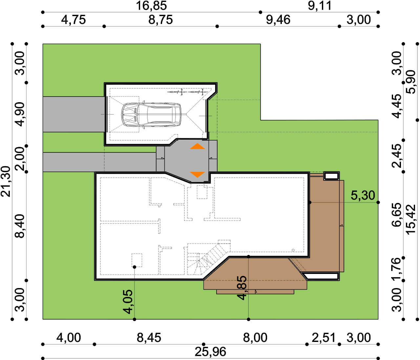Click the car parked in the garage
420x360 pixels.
[151, 115]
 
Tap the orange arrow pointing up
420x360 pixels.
[197, 146]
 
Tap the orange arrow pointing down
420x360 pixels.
[197, 174]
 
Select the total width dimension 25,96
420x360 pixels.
[210, 352]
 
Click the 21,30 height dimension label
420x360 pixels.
[6, 181]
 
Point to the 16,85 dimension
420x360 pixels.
[151, 6]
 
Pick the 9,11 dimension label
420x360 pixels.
[320, 6]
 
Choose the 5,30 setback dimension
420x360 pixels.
[363, 195]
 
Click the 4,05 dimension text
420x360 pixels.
[128, 302]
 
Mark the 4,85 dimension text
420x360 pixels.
[242, 288]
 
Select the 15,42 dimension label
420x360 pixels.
[410, 220]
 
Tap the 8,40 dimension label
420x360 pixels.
[20, 226]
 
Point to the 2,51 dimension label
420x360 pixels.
[324, 338]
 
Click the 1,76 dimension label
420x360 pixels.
[397, 269]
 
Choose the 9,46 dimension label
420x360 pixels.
[278, 20]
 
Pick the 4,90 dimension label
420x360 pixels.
[20, 114]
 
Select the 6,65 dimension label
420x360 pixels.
[397, 215]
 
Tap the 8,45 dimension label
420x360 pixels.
[149, 338]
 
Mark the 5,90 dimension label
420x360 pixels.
[410, 82]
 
